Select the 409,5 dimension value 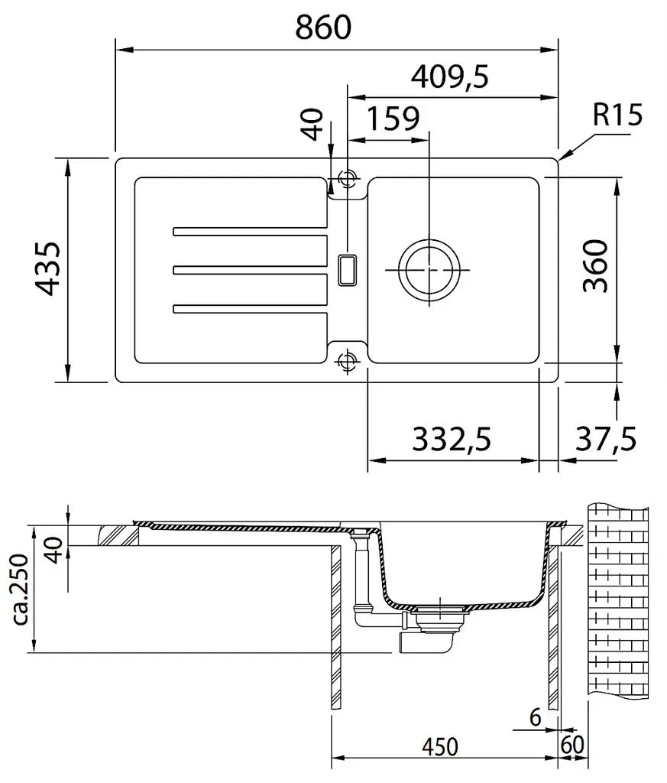coord(449,77)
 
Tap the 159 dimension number coord(393,119)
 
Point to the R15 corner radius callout coord(617,115)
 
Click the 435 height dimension coord(49,268)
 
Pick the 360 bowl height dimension coord(596,265)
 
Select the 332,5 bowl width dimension coord(452,439)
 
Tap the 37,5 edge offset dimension coord(606,439)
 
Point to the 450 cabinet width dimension coord(439,747)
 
